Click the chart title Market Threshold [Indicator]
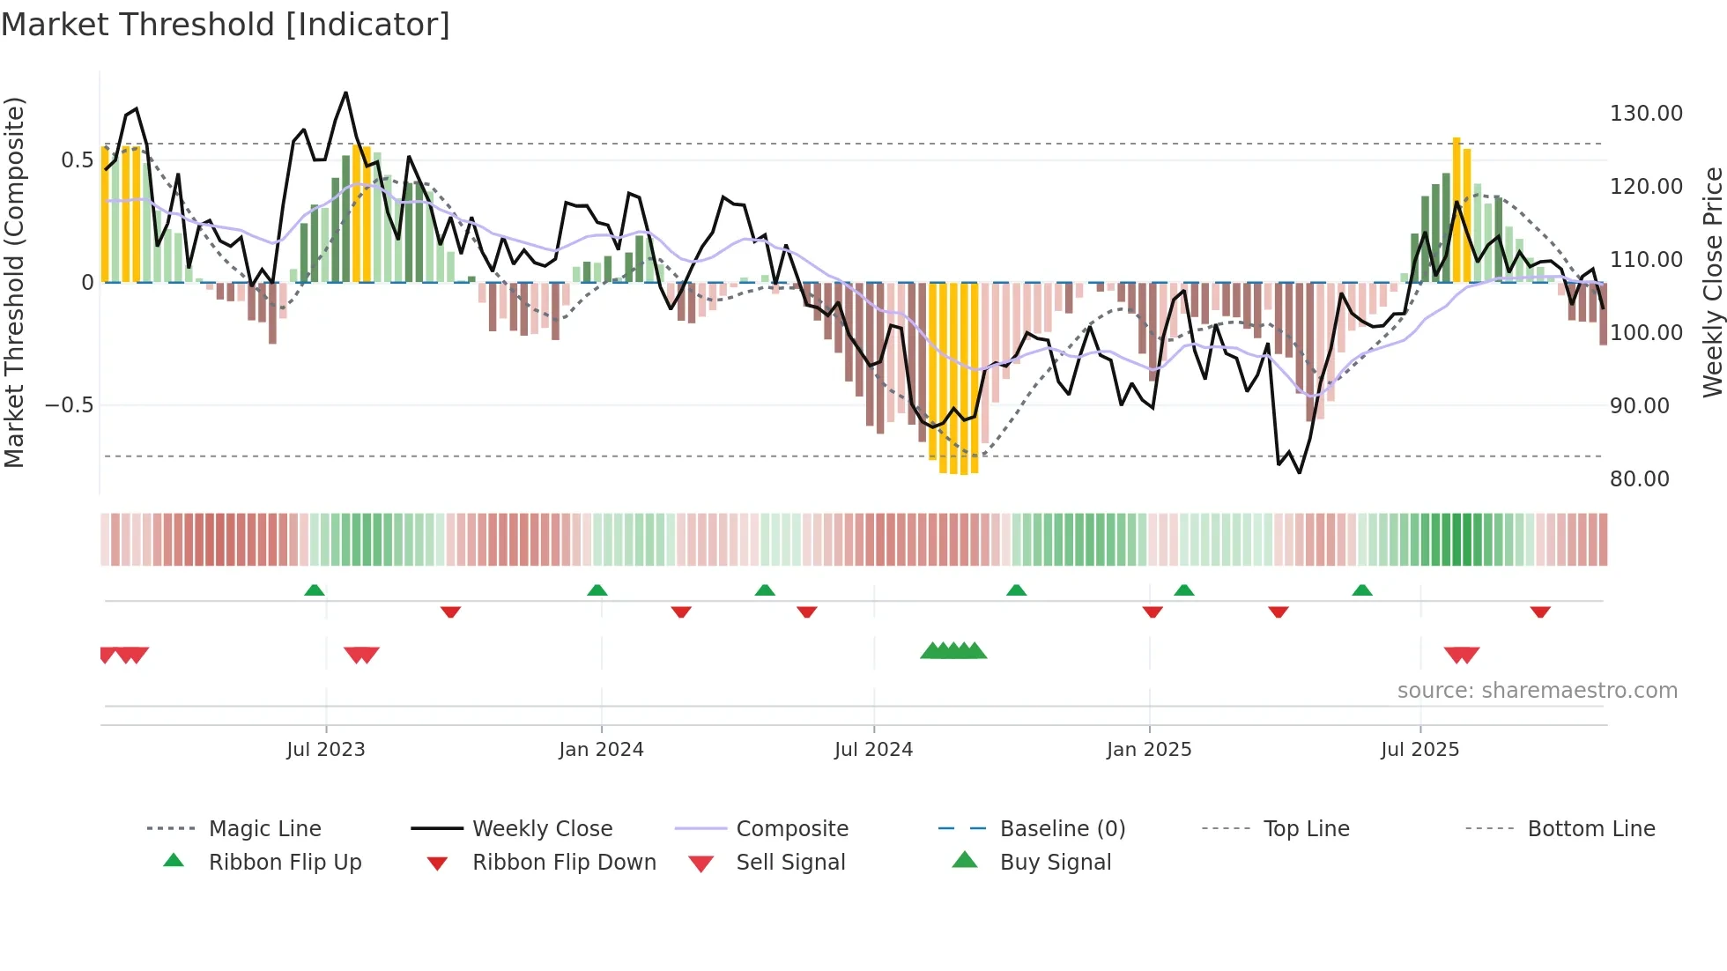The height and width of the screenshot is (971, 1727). [226, 25]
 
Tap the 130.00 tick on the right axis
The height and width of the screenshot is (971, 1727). [1645, 114]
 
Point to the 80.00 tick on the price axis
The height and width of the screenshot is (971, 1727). [1639, 479]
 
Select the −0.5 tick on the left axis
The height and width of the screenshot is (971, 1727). [70, 405]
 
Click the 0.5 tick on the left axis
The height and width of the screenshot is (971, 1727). [77, 160]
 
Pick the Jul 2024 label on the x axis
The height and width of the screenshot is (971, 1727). [873, 750]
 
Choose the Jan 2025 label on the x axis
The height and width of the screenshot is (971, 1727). [1149, 750]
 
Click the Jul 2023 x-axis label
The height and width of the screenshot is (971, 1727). [325, 750]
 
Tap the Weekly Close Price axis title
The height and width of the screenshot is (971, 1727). [1712, 282]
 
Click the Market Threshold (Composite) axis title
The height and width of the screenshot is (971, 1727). [14, 282]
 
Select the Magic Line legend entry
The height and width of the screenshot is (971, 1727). [264, 829]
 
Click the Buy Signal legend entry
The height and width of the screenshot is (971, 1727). [1055, 863]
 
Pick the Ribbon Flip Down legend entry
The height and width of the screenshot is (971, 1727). [564, 863]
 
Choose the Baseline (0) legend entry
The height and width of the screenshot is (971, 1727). [1062, 829]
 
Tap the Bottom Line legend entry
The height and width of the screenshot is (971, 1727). [1590, 829]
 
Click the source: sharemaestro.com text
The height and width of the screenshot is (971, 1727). [1537, 691]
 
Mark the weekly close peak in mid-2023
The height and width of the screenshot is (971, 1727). [345, 93]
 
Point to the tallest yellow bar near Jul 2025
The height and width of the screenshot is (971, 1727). [1456, 210]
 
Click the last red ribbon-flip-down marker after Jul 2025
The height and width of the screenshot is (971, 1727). [1540, 612]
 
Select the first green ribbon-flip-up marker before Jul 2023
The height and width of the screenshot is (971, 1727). [315, 590]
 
